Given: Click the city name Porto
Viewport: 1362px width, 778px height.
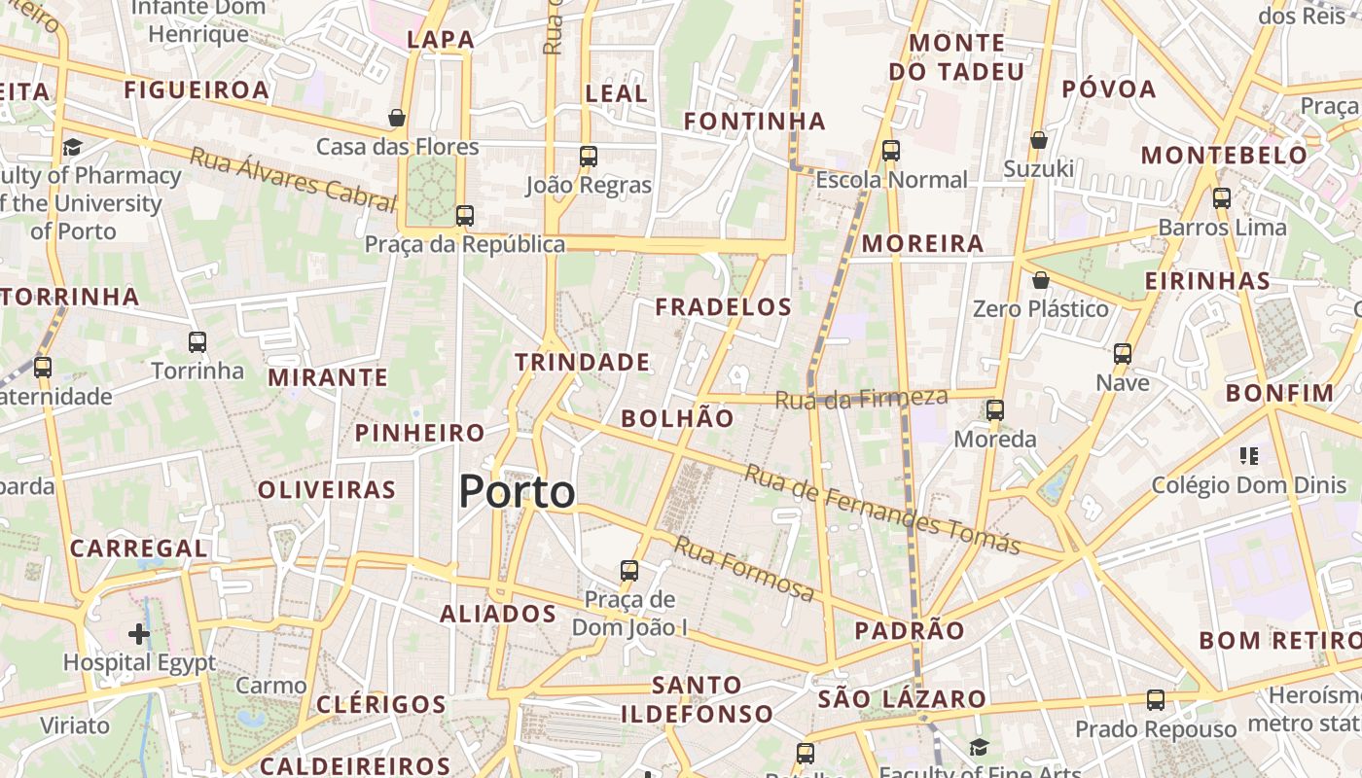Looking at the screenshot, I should pyautogui.click(x=517, y=492).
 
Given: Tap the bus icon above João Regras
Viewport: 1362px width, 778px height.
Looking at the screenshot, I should pyautogui.click(x=588, y=156).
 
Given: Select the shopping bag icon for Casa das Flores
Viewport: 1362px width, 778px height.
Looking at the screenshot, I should pyautogui.click(x=397, y=118).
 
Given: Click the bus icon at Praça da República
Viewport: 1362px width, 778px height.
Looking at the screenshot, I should pyautogui.click(x=465, y=215).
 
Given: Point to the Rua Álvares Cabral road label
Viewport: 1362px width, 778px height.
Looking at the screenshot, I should pyautogui.click(x=293, y=179).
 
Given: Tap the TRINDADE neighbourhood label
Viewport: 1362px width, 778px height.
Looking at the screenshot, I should pyautogui.click(x=582, y=363).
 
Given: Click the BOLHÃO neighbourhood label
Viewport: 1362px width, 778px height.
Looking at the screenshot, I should pyautogui.click(x=677, y=419).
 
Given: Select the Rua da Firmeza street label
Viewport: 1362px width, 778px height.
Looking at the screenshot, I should pyautogui.click(x=861, y=398).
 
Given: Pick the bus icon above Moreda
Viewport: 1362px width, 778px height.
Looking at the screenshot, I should pyautogui.click(x=994, y=409).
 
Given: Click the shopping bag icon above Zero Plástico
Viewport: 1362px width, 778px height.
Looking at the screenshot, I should pyautogui.click(x=1041, y=280).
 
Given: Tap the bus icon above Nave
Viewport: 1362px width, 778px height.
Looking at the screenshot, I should pyautogui.click(x=1123, y=353).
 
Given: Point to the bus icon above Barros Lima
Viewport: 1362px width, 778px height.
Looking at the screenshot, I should pyautogui.click(x=1222, y=198).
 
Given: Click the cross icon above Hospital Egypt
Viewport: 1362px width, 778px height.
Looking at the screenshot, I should pyautogui.click(x=139, y=634).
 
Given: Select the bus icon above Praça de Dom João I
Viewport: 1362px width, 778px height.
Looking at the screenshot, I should pyautogui.click(x=629, y=570).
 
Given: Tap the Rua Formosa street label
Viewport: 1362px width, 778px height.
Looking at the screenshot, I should pyautogui.click(x=744, y=569).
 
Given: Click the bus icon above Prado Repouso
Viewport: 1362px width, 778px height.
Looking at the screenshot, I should pyautogui.click(x=1156, y=699).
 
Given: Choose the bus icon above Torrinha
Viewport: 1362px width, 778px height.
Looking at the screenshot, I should pyautogui.click(x=197, y=341).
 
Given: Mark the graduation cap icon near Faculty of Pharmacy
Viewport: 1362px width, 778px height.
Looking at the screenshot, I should pyautogui.click(x=72, y=147).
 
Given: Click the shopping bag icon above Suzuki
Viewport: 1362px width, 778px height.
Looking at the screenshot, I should pyautogui.click(x=1039, y=140).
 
